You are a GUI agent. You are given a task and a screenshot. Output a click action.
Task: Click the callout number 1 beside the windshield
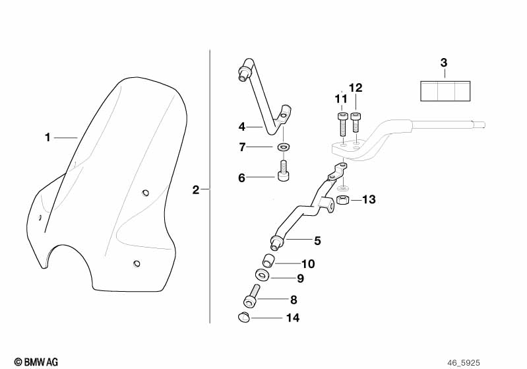(47, 137)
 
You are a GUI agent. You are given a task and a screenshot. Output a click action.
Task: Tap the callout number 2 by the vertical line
(196, 190)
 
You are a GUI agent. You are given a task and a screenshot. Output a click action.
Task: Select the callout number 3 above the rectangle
(444, 63)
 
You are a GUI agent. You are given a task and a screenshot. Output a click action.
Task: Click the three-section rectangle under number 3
(445, 91)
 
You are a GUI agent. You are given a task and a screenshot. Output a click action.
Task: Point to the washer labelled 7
(284, 147)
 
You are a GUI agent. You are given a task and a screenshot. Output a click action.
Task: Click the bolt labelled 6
(284, 170)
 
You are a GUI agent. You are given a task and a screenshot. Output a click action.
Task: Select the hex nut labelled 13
(343, 200)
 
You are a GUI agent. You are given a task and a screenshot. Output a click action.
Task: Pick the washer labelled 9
(262, 275)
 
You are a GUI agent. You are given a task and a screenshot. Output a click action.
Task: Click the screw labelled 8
(252, 296)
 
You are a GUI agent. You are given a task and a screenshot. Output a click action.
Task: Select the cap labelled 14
(243, 317)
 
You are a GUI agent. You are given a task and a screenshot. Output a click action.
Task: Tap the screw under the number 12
(356, 122)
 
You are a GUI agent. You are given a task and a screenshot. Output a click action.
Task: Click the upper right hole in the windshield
(146, 193)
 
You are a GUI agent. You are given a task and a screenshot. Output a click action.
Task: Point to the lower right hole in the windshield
(137, 263)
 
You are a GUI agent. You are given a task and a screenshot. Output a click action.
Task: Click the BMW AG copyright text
(36, 362)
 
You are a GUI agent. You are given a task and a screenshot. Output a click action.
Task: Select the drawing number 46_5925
(464, 363)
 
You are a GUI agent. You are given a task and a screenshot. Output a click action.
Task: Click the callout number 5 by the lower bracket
(317, 241)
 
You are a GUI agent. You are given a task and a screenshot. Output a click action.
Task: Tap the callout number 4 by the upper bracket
(242, 127)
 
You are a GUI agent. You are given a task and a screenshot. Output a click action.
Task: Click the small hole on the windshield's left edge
(40, 218)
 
